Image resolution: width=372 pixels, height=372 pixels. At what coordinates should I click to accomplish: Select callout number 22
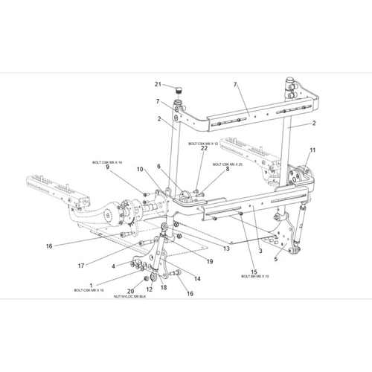pyautogui.click(x=202, y=150)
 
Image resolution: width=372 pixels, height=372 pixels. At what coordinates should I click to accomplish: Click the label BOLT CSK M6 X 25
pyautogui.click(x=228, y=164)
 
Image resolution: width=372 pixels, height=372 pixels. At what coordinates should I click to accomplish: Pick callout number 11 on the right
pyautogui.click(x=312, y=150)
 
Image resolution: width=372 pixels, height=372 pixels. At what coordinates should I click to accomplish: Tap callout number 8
pyautogui.click(x=227, y=170)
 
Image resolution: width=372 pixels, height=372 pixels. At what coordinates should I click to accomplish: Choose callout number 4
pyautogui.click(x=114, y=266)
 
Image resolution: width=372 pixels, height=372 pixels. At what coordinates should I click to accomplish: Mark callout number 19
pyautogui.click(x=210, y=260)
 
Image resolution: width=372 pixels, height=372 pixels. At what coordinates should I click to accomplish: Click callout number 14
pyautogui.click(x=196, y=278)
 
